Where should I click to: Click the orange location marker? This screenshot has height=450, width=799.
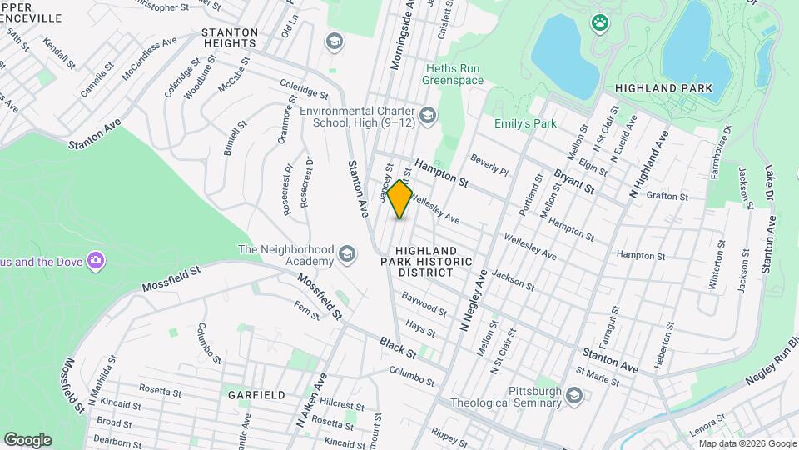400,199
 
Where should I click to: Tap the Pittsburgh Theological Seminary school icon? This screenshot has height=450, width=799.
573,396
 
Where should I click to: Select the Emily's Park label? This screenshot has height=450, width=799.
524,124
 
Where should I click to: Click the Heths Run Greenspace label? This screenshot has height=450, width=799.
453,74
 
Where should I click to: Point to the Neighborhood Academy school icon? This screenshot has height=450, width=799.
345,255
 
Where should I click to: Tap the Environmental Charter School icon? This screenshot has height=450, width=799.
429,114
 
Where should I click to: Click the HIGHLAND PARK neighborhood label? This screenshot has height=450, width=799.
663,87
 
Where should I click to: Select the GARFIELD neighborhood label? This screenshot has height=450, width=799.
257,394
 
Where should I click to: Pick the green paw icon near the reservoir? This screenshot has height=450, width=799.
598,22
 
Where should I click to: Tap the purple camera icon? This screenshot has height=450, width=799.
97,261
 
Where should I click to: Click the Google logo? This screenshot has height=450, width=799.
27,440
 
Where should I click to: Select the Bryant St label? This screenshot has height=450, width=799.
574,183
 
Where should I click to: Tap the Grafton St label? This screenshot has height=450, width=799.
672,197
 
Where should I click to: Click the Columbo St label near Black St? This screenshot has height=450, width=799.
411,376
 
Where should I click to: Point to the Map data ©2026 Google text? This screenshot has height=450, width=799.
747,443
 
